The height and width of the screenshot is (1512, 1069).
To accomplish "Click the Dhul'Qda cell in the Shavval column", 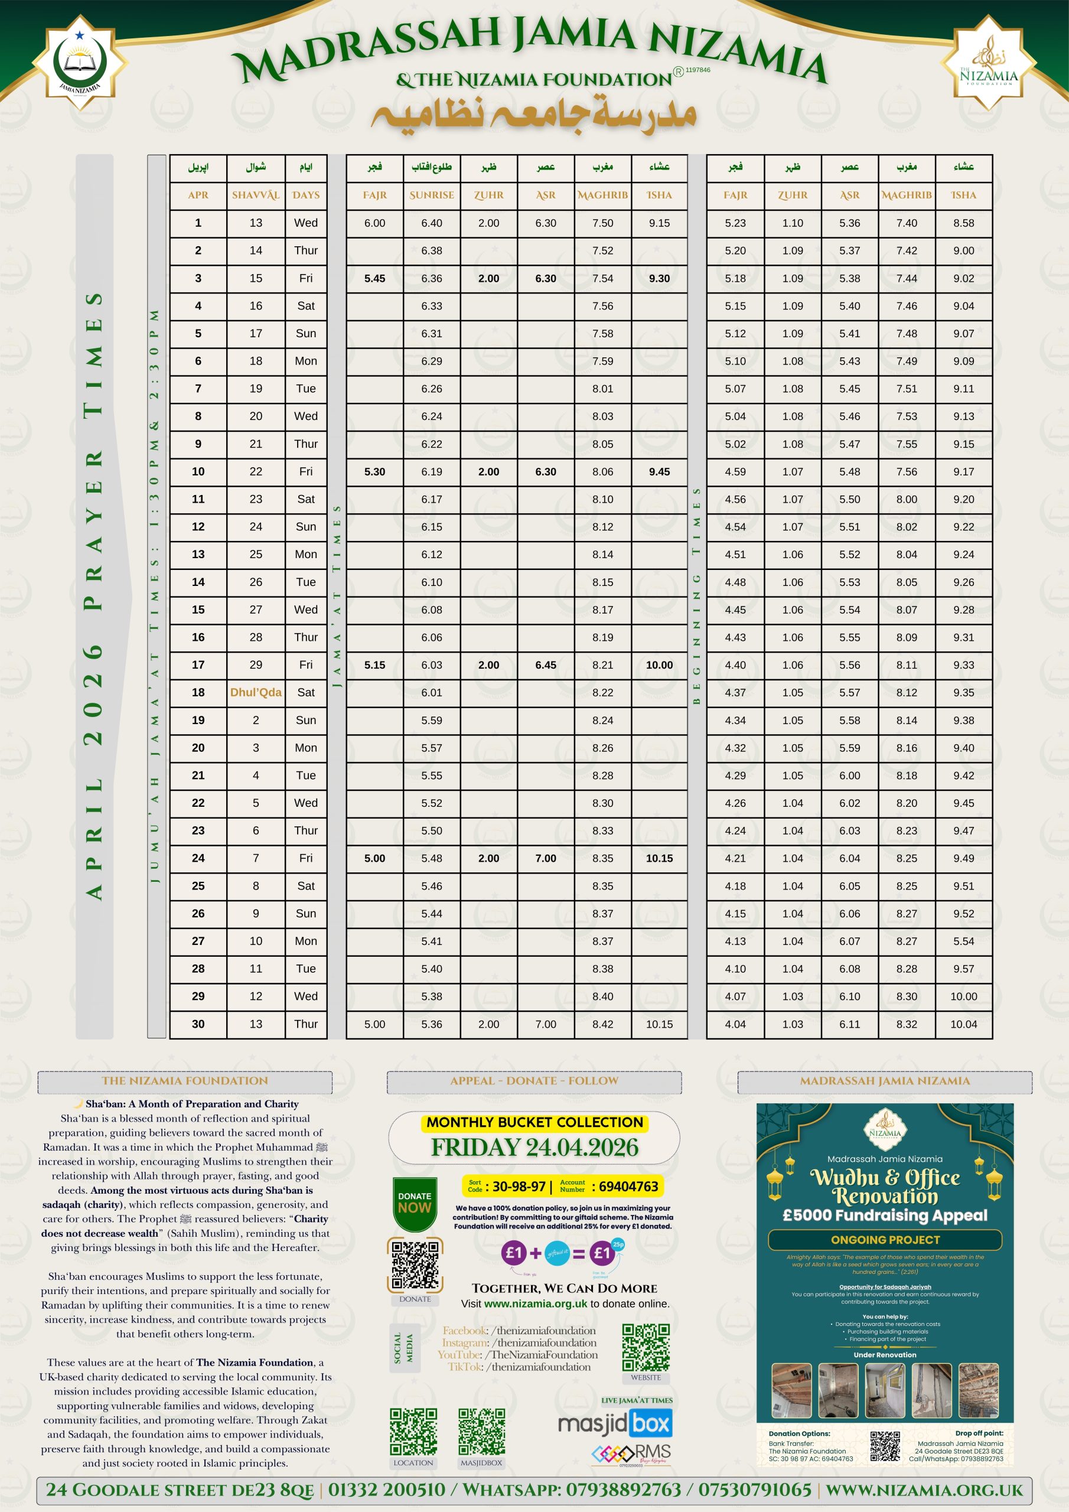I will [x=256, y=692].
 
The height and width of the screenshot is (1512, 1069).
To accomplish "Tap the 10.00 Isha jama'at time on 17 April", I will [x=659, y=665].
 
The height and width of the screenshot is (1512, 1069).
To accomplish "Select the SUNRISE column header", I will [x=431, y=195].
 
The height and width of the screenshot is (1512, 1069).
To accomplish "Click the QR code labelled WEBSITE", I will [x=646, y=1347].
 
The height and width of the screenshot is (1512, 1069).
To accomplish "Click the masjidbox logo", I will [x=614, y=1424].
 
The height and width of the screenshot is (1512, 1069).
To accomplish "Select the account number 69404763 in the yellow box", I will [x=628, y=1186].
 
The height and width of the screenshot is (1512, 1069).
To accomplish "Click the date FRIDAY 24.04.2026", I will [x=534, y=1147].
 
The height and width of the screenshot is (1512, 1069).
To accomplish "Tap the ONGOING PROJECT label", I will [x=885, y=1239].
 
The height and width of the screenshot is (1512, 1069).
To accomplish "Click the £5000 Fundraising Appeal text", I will [x=885, y=1215].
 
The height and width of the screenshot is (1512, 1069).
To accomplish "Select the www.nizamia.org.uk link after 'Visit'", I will [x=535, y=1304].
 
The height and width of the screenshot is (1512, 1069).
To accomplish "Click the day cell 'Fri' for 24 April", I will [x=305, y=858].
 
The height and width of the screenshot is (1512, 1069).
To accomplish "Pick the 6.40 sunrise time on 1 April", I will [x=431, y=223].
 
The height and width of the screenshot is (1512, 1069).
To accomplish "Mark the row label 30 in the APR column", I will [x=198, y=1024].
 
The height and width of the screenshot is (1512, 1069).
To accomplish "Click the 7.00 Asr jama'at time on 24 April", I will [x=545, y=858].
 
